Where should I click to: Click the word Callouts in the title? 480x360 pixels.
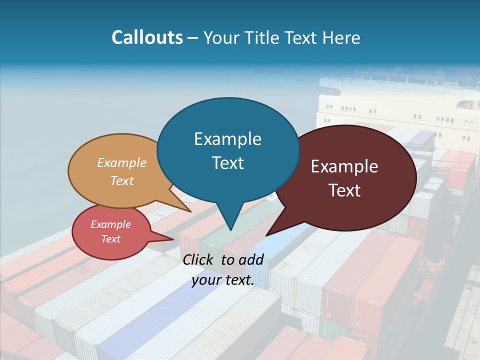pyautogui.click(x=147, y=37)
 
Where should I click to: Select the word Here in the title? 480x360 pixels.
pyautogui.click(x=342, y=37)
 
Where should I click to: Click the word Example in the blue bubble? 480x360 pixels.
pyautogui.click(x=228, y=138)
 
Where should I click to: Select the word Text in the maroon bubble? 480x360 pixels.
pyautogui.click(x=345, y=190)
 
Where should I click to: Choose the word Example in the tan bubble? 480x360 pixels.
pyautogui.click(x=122, y=162)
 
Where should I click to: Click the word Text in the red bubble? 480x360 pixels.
pyautogui.click(x=111, y=239)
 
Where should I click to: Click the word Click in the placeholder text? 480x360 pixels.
pyautogui.click(x=199, y=259)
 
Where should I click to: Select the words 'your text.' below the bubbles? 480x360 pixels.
pyautogui.click(x=223, y=280)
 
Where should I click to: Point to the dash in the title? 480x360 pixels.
pyautogui.click(x=193, y=38)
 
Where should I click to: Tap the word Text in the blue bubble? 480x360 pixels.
pyautogui.click(x=228, y=162)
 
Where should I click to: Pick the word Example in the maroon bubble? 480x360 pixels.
pyautogui.click(x=345, y=166)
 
